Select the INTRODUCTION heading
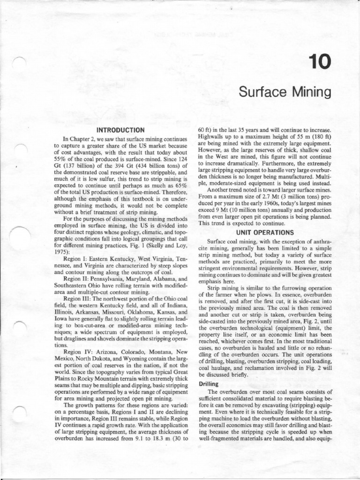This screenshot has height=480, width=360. coord(120,129)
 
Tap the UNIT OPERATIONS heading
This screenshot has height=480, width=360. coord(265,232)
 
